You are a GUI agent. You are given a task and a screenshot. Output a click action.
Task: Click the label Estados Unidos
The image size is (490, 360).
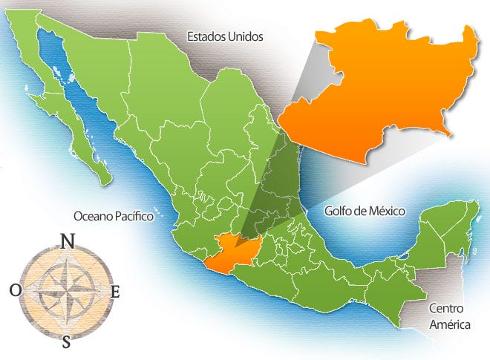(x=225, y=36)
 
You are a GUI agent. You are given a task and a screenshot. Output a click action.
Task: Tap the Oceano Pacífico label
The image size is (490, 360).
(x=113, y=216)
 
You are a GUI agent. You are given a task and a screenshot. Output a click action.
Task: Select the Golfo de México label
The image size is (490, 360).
(x=365, y=211)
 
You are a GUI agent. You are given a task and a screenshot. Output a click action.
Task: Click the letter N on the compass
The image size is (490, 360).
(x=68, y=242)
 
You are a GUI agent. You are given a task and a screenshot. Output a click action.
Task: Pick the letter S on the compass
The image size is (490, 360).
(x=67, y=342)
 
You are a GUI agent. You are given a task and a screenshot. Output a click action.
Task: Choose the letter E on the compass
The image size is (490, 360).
(x=115, y=292)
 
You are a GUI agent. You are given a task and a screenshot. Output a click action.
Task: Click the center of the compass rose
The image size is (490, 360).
(x=66, y=292)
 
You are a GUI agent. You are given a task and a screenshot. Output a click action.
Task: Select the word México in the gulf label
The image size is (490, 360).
(x=386, y=211)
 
